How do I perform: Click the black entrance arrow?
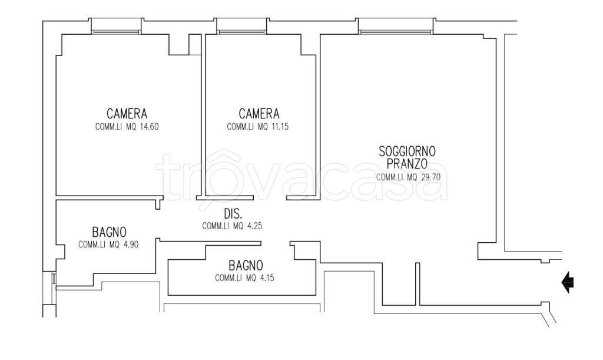pyautogui.click(x=568, y=282)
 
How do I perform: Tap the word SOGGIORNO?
pyautogui.click(x=407, y=151)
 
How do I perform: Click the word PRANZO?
pyautogui.click(x=407, y=164)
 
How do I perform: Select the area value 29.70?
pyautogui.click(x=430, y=177)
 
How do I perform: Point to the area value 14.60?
pyautogui.click(x=149, y=127)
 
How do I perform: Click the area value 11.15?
pyautogui.click(x=280, y=127)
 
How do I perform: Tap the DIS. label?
pyautogui.click(x=233, y=213)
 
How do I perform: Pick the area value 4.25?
pyautogui.click(x=254, y=226)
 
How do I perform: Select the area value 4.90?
pyautogui.click(x=130, y=245)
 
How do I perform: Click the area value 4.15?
pyautogui.click(x=267, y=278)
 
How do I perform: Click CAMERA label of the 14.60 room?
pyautogui.click(x=127, y=114)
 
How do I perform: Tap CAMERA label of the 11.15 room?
pyautogui.click(x=259, y=114)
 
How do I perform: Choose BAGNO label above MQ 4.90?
pyautogui.click(x=109, y=232)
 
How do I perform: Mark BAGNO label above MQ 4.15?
pyautogui.click(x=246, y=265)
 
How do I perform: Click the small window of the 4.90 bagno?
pyautogui.click(x=54, y=279)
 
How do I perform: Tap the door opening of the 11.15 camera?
pyautogui.click(x=270, y=198)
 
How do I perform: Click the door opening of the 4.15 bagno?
pyautogui.click(x=276, y=243)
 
